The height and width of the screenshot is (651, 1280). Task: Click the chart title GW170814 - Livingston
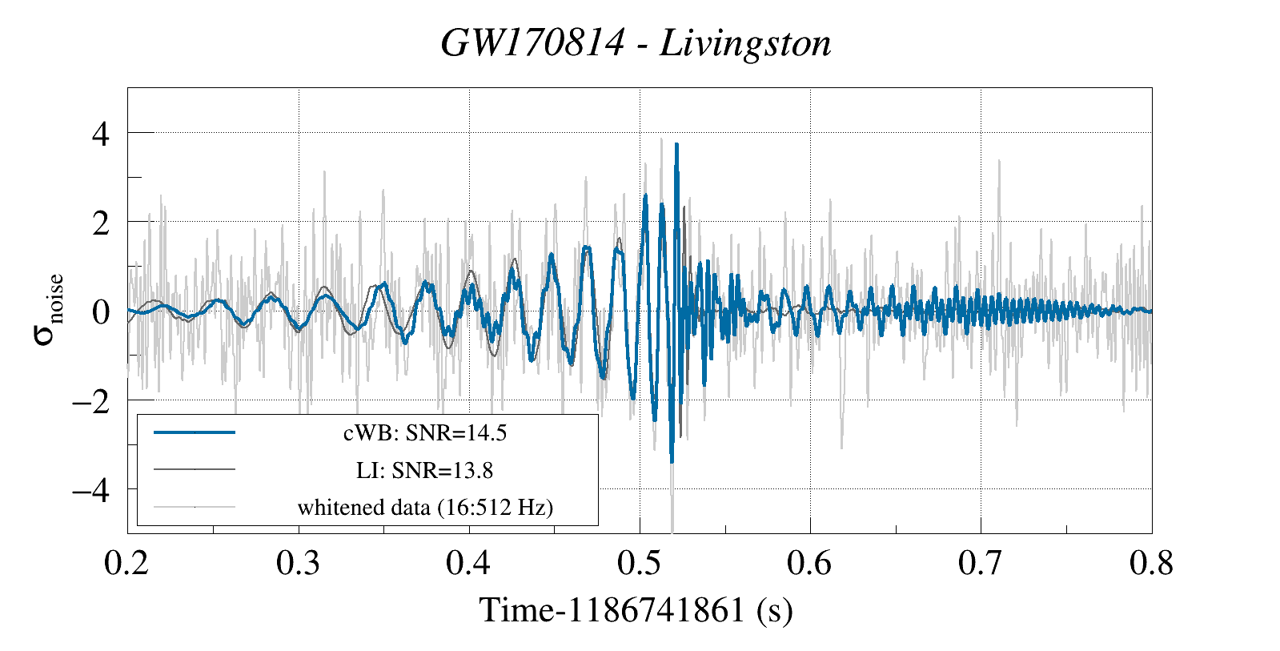(636, 42)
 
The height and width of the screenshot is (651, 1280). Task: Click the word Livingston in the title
(745, 42)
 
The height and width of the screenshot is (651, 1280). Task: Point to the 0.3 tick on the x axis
(298, 563)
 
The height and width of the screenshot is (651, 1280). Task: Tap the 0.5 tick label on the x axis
(639, 563)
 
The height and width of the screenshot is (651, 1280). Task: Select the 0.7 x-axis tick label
(980, 563)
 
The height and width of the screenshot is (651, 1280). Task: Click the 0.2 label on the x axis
(126, 563)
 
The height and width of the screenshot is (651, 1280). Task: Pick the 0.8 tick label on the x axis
(1151, 563)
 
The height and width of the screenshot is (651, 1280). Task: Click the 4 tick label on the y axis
(101, 134)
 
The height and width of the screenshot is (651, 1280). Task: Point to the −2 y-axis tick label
(90, 400)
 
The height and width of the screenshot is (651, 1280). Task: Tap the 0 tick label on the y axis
(101, 312)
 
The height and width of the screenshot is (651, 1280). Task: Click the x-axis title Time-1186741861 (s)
(636, 610)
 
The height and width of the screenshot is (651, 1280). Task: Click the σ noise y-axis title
(48, 310)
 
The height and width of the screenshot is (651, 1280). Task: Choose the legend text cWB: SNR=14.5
(425, 433)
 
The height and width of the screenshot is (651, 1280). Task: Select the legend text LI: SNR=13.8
(425, 470)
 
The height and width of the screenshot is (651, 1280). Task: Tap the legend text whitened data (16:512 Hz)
(425, 507)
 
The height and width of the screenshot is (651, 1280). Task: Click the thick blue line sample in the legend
(195, 432)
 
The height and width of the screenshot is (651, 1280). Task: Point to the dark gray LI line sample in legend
(195, 469)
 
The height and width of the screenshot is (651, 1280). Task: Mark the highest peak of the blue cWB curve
(676, 145)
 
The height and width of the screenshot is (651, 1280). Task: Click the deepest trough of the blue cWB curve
(672, 461)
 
